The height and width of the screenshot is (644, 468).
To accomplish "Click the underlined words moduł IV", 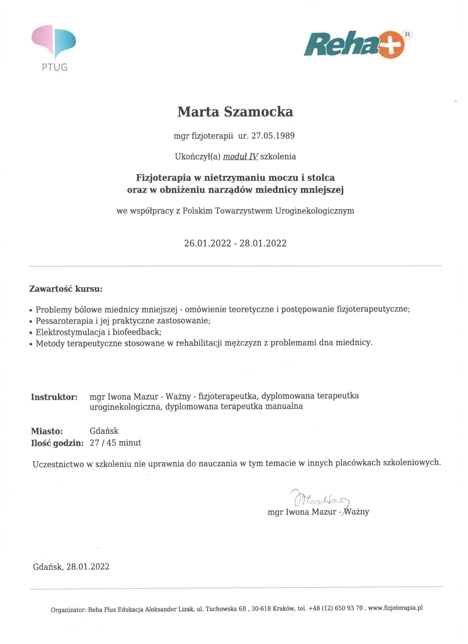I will [x=240, y=156].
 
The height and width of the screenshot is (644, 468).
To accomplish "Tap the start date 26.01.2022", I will [x=208, y=243].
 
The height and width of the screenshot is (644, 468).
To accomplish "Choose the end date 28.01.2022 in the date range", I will [x=263, y=243].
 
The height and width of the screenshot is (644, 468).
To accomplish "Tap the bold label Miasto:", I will [x=47, y=431].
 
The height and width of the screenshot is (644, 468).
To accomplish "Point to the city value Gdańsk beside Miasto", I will [x=104, y=431].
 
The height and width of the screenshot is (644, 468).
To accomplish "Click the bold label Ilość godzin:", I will [x=57, y=443].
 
